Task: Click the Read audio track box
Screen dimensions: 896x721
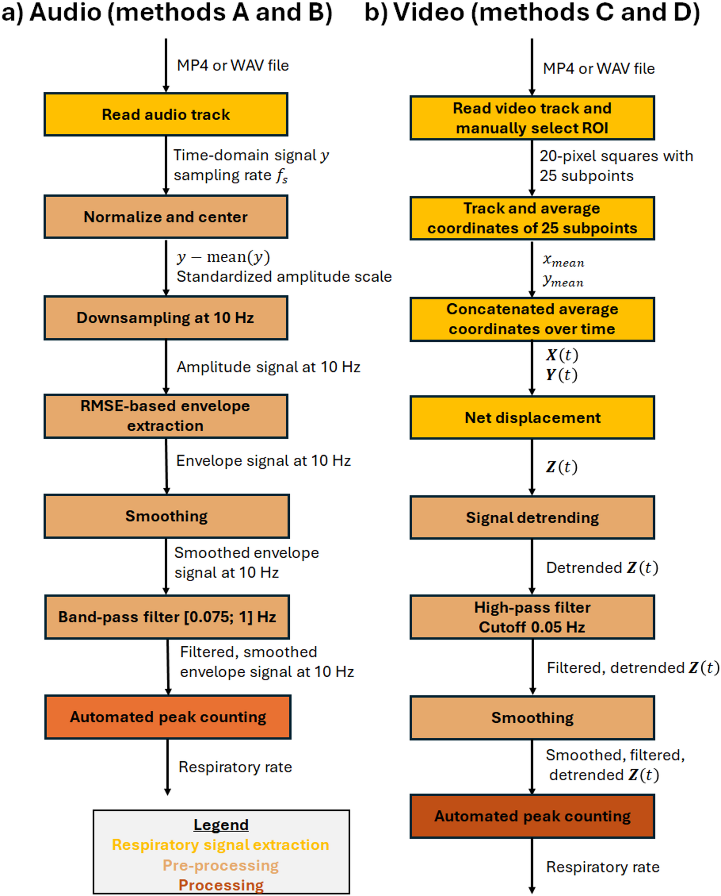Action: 166,115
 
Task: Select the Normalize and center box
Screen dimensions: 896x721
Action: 166,217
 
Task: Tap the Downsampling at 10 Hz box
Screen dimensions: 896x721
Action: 166,318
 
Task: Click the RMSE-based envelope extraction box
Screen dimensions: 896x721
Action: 166,416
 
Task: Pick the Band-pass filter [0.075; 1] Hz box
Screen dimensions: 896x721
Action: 167,617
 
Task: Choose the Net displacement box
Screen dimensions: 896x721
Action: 532,417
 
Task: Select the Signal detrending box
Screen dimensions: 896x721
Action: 532,518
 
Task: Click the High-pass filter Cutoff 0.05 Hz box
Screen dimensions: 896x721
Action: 532,617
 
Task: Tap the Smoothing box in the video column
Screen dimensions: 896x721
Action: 532,718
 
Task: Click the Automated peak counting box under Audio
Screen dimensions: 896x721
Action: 168,717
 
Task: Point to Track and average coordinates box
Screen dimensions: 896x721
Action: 532,218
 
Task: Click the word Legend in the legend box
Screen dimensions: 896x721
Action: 221,825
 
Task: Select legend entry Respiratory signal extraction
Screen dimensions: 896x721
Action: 220,845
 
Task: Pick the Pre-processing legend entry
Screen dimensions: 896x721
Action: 220,865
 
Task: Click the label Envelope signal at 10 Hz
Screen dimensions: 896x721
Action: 263,461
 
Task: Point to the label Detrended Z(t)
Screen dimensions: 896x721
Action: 602,568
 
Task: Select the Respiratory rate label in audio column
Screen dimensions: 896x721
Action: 235,767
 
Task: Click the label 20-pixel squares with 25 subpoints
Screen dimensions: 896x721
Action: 616,165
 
